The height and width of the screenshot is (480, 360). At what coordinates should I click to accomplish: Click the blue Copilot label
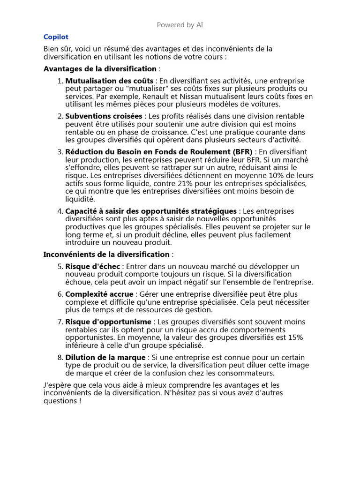56,37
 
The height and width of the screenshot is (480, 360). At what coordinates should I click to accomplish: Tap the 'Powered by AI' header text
180,25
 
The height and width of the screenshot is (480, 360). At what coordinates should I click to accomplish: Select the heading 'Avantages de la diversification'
100,69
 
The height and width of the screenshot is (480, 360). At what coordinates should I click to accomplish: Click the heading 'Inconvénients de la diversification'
106,254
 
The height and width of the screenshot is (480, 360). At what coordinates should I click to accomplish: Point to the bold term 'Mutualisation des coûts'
109,81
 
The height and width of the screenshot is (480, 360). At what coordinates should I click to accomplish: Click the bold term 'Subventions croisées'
104,116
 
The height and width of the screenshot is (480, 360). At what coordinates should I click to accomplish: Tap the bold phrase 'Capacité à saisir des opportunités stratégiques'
151,211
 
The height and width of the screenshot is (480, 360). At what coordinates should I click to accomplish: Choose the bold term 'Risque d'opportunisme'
108,322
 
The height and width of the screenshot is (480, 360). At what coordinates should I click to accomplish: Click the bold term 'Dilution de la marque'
105,358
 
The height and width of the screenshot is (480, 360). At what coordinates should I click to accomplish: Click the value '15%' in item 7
294,337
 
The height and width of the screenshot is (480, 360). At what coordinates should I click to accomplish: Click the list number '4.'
60,211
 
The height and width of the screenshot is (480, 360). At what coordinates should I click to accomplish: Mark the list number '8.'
60,358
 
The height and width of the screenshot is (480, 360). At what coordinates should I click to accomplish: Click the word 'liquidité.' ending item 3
80,199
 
